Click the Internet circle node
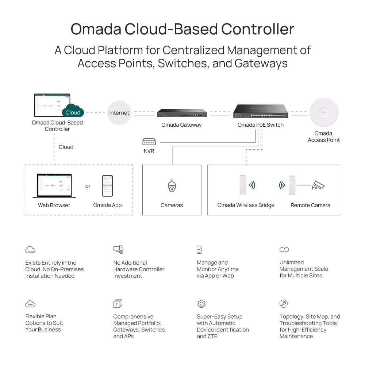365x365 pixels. click(x=119, y=113)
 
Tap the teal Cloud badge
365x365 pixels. click(x=73, y=112)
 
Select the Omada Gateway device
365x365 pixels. click(x=182, y=113)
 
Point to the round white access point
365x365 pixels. click(x=324, y=112)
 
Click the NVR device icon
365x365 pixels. click(x=149, y=142)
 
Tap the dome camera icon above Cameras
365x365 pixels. click(x=172, y=186)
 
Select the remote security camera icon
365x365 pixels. click(x=318, y=186)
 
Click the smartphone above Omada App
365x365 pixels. click(x=107, y=186)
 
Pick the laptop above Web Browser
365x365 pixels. click(x=54, y=186)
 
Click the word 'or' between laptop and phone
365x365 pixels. click(x=88, y=186)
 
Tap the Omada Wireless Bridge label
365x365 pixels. click(x=246, y=205)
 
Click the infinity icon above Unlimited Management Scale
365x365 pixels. click(x=284, y=250)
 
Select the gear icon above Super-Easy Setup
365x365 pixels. click(x=201, y=304)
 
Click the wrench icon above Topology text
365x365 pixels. click(x=284, y=303)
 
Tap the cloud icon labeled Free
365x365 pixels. click(x=30, y=304)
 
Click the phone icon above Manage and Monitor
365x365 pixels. click(x=199, y=250)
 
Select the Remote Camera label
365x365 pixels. click(x=310, y=205)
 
